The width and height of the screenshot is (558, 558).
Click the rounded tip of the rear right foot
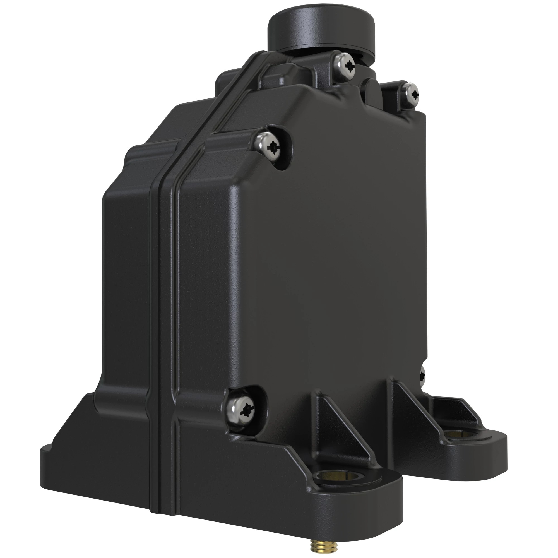click(x=501, y=451)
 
